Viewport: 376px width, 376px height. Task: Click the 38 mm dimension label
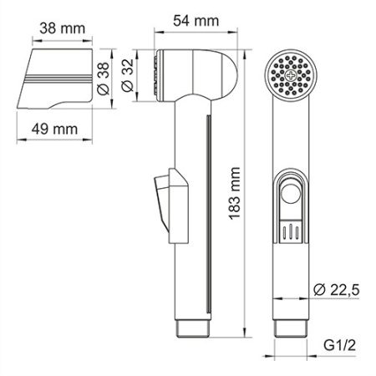63,28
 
